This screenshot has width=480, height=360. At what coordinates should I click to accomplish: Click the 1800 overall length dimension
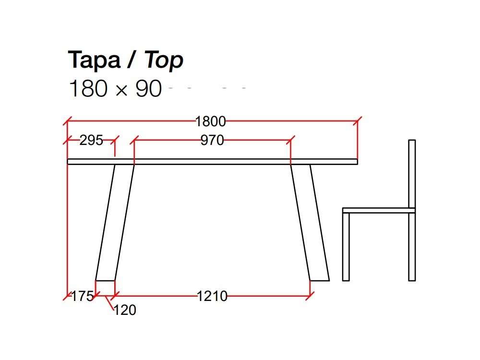click(x=210, y=121)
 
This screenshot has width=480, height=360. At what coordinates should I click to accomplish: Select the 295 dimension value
click(x=91, y=140)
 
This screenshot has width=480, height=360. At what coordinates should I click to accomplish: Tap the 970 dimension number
click(x=212, y=140)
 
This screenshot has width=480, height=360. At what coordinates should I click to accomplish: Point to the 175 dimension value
click(x=82, y=296)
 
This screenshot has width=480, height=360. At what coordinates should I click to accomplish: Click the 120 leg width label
click(x=125, y=310)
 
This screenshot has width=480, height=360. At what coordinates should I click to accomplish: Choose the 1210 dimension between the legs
click(x=212, y=296)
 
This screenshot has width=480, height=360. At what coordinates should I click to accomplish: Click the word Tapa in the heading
click(x=94, y=60)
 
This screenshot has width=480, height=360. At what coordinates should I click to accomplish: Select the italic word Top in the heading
click(x=164, y=60)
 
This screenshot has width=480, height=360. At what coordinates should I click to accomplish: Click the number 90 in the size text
click(x=149, y=89)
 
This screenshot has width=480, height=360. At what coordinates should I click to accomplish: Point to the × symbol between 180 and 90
click(x=122, y=90)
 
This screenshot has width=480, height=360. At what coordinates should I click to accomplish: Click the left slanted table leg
click(x=115, y=221)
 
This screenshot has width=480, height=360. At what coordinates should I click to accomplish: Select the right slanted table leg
click(x=310, y=221)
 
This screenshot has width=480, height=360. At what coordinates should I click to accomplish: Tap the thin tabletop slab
click(x=212, y=162)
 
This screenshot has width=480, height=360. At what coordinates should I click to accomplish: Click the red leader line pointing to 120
click(x=110, y=303)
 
